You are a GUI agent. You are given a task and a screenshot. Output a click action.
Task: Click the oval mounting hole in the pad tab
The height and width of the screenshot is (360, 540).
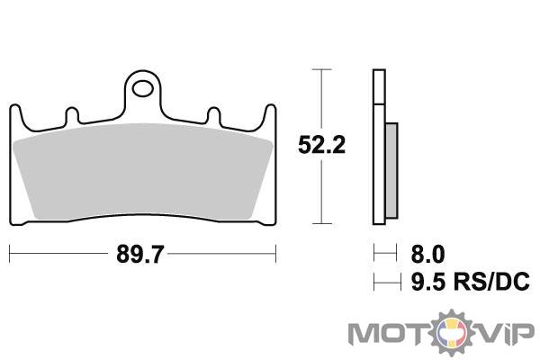(143, 89)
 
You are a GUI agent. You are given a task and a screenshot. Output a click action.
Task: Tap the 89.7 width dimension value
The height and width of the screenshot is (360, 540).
(139, 254)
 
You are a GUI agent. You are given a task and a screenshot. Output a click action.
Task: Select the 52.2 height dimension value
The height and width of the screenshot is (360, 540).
(321, 145)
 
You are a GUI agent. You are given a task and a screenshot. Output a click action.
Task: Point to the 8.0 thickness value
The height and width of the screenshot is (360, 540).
(427, 254)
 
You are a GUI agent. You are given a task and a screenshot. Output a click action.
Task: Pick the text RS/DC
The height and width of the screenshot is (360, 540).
(491, 282)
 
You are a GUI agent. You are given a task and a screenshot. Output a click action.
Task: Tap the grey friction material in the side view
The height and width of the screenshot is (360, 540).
(391, 170)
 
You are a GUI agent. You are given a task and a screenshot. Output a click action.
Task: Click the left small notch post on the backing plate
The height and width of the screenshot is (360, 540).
(72, 115)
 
